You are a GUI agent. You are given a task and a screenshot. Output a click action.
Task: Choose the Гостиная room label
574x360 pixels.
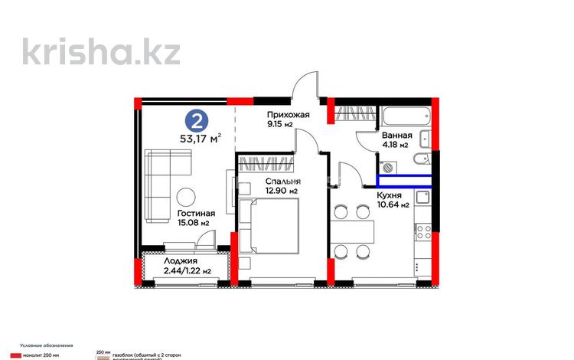point(195,214)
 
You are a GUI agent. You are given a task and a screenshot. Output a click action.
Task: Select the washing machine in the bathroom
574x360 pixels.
point(388,166)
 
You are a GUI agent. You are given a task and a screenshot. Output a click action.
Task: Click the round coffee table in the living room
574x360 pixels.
point(186,194)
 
